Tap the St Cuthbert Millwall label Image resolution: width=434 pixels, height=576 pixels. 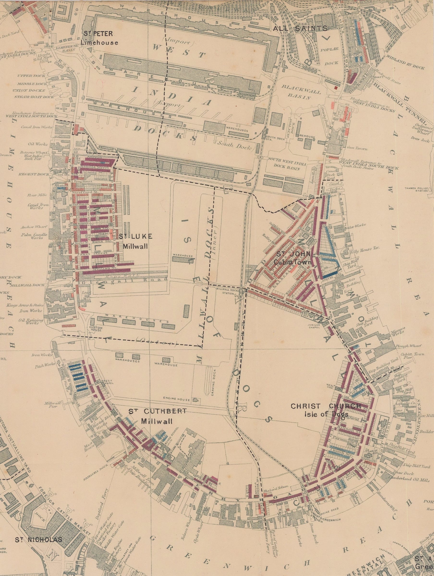click(157, 416)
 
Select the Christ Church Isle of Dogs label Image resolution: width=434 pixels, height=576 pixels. click(326, 410)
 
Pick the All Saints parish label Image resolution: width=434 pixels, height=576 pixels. click(300, 29)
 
